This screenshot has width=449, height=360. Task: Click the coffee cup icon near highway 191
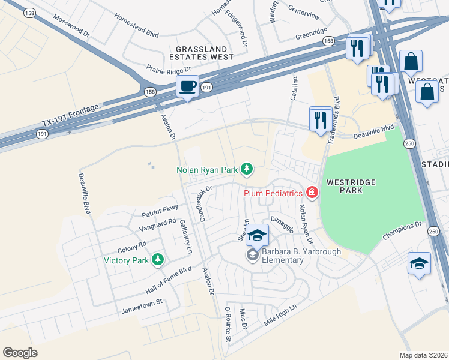(187, 87)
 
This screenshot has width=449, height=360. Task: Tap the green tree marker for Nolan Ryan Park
(246, 170)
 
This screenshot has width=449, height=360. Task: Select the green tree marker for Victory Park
(158, 260)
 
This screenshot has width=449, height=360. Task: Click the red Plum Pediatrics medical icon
(312, 193)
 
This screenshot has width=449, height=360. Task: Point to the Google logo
(20, 353)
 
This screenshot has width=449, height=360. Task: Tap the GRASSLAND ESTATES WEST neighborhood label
(201, 53)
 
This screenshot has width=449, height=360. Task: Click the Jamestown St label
(142, 304)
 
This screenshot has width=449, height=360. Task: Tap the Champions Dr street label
(402, 232)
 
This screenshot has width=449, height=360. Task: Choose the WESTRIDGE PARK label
(345, 185)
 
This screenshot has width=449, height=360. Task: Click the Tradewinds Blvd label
(335, 117)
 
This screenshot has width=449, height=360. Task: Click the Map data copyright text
(424, 355)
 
